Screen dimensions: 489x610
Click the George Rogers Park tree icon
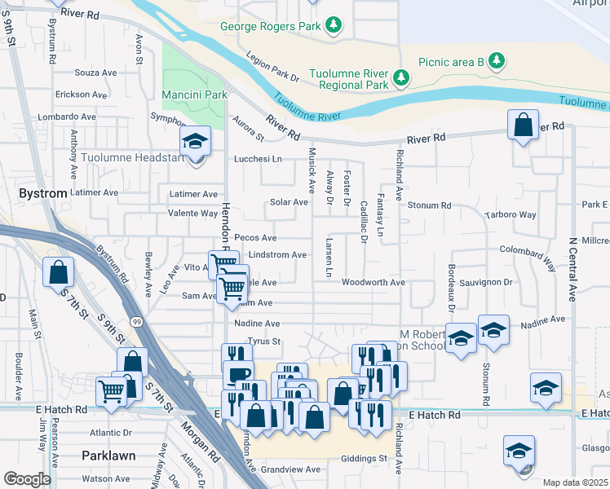coord(333,26)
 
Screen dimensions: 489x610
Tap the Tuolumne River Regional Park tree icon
coord(400,77)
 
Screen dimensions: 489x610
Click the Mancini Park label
coord(194,95)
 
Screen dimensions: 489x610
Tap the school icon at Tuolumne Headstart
coord(195,142)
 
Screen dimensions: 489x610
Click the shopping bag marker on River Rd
coord(523,126)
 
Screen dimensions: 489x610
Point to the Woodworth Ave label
coord(373,283)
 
